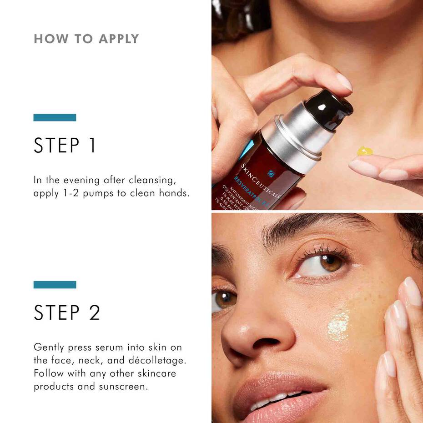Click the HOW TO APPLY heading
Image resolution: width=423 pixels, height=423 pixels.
click(86, 39)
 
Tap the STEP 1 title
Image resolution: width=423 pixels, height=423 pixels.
click(65, 146)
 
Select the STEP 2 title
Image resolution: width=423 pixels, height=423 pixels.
click(67, 313)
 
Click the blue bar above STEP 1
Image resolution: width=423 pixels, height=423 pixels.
click(55, 117)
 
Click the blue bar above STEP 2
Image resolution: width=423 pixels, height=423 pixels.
click(55, 285)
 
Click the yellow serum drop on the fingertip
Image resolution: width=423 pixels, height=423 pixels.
click(365, 151)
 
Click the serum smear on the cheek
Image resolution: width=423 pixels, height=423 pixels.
click(339, 325)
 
